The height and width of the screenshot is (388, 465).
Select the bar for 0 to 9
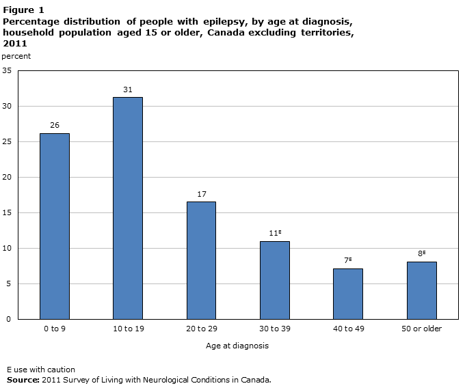pyautogui.click(x=54, y=226)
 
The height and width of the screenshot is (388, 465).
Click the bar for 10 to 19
pyautogui.click(x=128, y=208)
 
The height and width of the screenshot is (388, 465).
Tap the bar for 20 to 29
pyautogui.click(x=201, y=260)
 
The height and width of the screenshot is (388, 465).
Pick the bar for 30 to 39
pyautogui.click(x=275, y=280)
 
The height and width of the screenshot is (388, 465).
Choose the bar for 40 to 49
pyautogui.click(x=348, y=294)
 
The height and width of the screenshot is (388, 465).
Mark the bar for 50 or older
pyautogui.click(x=422, y=290)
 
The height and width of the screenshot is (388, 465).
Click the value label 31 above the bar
pyautogui.click(x=128, y=89)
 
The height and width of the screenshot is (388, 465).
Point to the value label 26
pyautogui.click(x=54, y=125)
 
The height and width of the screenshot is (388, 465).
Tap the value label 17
pyautogui.click(x=201, y=194)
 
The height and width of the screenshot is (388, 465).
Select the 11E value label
pyautogui.click(x=275, y=233)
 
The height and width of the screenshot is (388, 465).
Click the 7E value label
pyautogui.click(x=348, y=260)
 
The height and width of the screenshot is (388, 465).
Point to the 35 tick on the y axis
pyautogui.click(x=7, y=70)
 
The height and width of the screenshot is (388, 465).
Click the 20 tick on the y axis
pyautogui.click(x=7, y=177)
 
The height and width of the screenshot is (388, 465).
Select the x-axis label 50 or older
pyautogui.click(x=422, y=329)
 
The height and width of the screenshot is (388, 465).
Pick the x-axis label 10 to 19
pyautogui.click(x=128, y=329)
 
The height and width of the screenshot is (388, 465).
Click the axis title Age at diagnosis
pyautogui.click(x=237, y=346)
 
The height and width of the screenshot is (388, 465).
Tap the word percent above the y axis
pyautogui.click(x=16, y=56)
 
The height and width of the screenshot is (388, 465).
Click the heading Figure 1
pyautogui.click(x=23, y=10)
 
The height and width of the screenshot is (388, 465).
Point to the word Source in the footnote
pyautogui.click(x=23, y=379)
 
